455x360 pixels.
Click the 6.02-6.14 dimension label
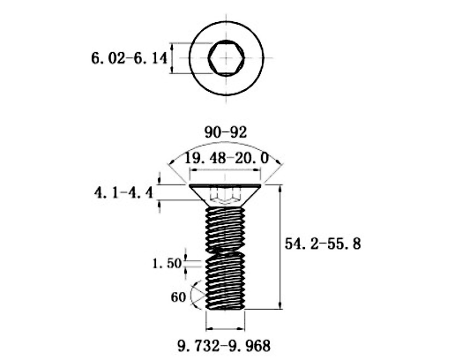click(129, 58)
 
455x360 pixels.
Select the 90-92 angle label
click(226, 132)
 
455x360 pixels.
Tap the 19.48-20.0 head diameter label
click(227, 159)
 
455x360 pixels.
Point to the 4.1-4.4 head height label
click(123, 193)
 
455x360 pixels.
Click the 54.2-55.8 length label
click(323, 244)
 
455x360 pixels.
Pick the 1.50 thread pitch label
click(167, 263)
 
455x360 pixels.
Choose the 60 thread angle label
click(178, 297)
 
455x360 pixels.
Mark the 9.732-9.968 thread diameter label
click(224, 346)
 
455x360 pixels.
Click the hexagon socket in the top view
click(226, 57)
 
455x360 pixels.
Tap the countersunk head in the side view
click(225, 195)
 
